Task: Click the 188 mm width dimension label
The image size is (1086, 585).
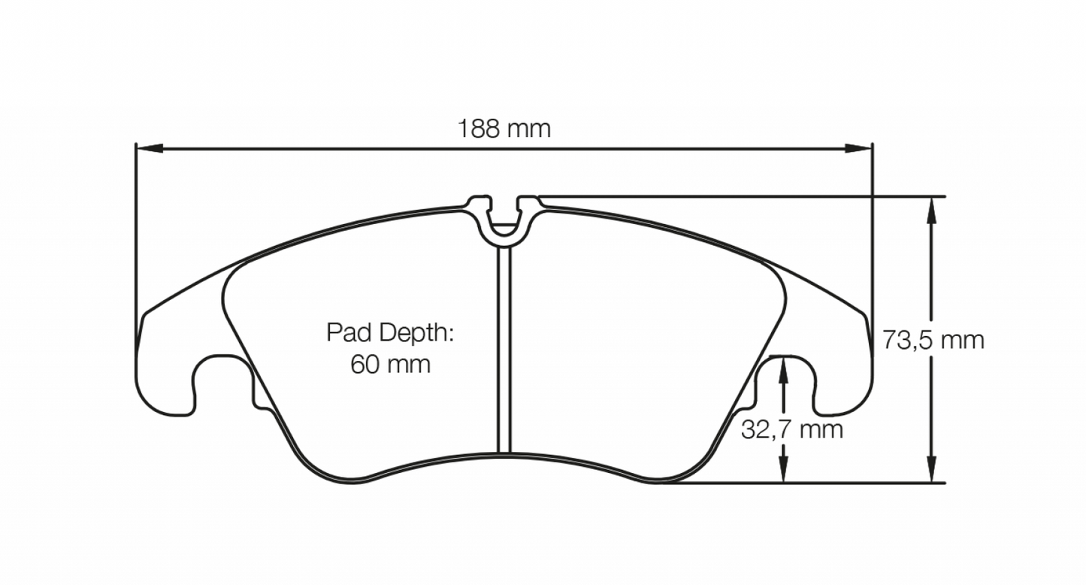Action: (x=504, y=129)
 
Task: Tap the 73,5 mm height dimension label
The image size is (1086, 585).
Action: (x=933, y=341)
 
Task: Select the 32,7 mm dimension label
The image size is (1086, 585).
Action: (x=791, y=430)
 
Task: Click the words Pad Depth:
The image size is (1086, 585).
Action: (x=390, y=332)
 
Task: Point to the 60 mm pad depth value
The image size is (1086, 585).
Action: (x=390, y=365)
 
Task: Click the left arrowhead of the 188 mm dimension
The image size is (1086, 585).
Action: (x=147, y=148)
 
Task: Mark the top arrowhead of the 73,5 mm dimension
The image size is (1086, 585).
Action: (x=932, y=210)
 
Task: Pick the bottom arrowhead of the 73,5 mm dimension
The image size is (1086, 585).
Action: (x=932, y=469)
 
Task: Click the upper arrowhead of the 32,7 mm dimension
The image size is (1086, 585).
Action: (x=784, y=368)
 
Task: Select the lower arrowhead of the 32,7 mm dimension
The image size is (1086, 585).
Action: (x=784, y=469)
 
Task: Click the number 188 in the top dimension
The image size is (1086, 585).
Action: (x=479, y=129)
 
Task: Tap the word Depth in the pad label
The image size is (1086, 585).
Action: (x=415, y=332)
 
